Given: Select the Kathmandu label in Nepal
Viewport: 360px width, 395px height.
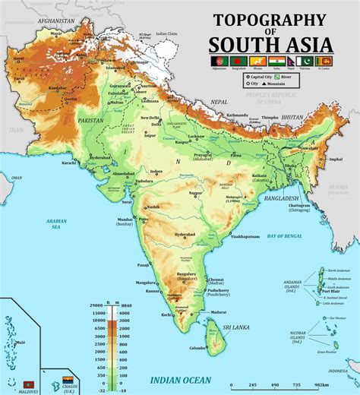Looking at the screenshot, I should pos(237,115).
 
